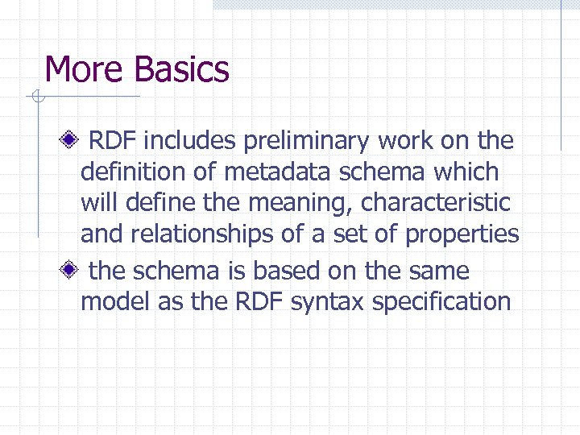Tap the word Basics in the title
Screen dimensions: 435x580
(x=182, y=69)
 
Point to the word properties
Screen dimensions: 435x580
(x=462, y=234)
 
